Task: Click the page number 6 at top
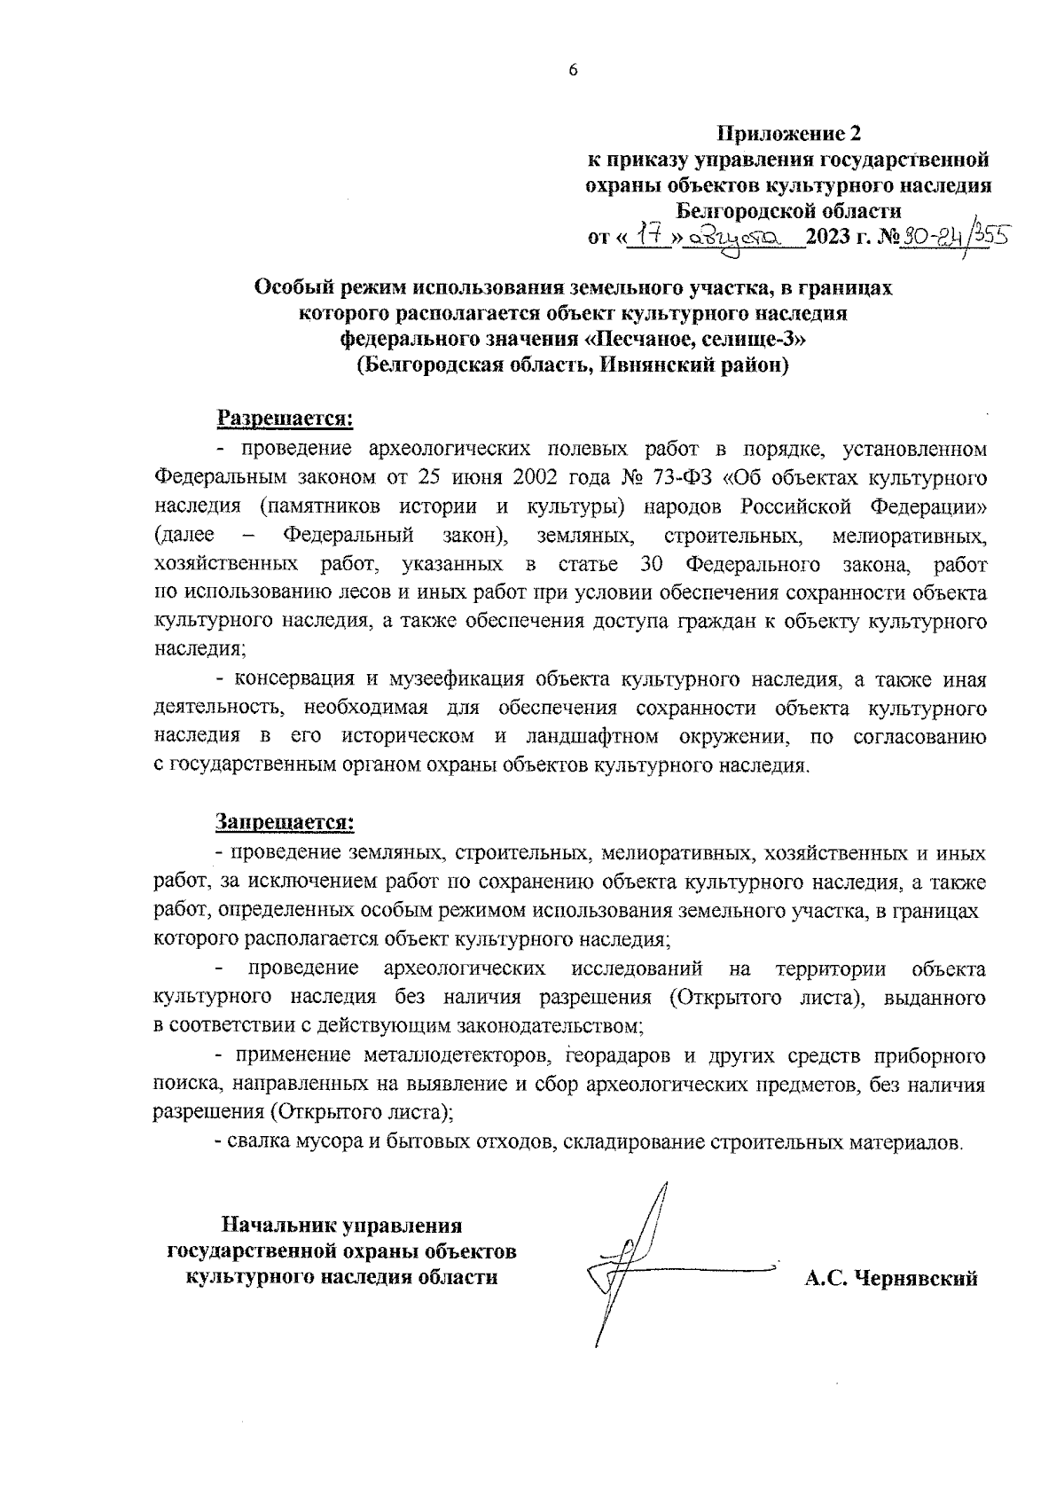(x=573, y=71)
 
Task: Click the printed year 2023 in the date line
(x=833, y=239)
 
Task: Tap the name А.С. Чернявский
(x=890, y=1279)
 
